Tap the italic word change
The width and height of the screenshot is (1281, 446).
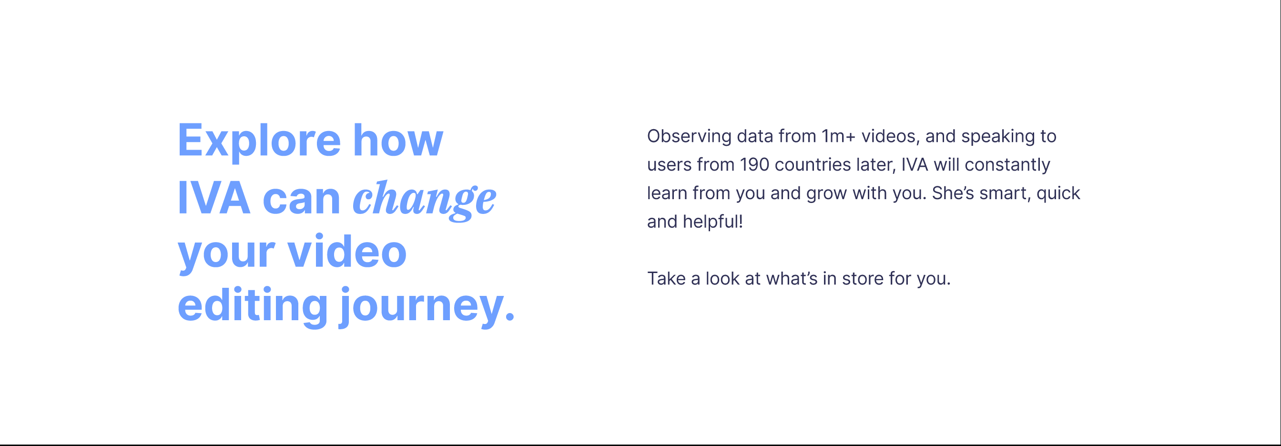424,200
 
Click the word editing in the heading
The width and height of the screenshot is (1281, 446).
253,304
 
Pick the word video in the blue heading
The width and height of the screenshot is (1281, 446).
347,251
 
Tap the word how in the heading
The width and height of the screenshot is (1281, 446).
398,140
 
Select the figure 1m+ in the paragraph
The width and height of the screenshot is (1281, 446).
838,136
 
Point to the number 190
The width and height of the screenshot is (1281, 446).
754,164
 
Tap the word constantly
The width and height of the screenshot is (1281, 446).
1007,165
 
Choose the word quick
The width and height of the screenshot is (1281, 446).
1058,193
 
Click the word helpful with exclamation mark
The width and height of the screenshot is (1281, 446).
712,222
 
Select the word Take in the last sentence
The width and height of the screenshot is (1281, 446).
666,278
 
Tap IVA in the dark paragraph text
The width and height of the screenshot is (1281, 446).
915,164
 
